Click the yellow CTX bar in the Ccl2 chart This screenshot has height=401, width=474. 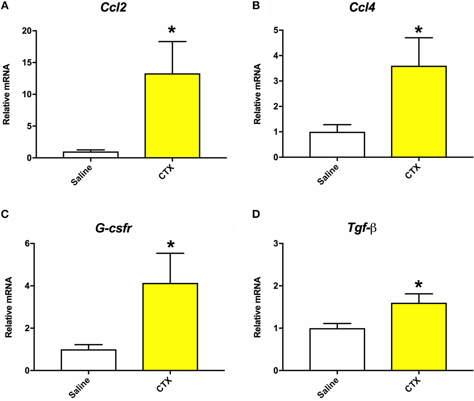tap(172, 115)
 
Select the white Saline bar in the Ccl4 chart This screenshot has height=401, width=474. tap(337, 144)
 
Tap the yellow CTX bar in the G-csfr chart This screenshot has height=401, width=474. tap(170, 326)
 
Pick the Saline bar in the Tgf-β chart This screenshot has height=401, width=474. tap(337, 349)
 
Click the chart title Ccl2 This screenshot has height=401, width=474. tap(113, 7)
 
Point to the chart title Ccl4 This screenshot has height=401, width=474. tap(362, 7)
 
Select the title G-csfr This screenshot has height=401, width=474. tap(113, 228)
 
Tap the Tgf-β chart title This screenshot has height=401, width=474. tap(362, 228)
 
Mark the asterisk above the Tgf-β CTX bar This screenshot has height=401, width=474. tap(418, 285)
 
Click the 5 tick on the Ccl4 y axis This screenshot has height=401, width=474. tap(276, 30)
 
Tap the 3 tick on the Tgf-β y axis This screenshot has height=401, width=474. tap(276, 243)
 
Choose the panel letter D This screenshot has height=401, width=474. tap(256, 214)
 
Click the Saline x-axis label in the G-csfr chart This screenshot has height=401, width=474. tap(80, 388)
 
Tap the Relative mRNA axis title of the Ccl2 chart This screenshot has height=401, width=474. tap(6, 94)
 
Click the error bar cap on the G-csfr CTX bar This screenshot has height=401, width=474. tap(170, 253)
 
